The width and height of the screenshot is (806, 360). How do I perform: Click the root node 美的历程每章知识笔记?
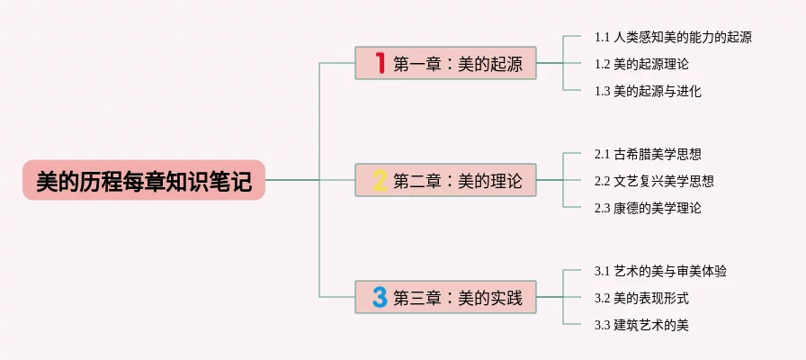click(144, 180)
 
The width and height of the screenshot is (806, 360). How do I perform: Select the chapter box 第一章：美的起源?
click(445, 63)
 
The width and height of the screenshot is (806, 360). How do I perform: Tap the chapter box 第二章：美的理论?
click(445, 180)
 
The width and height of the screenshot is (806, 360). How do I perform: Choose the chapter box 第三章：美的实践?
click(445, 296)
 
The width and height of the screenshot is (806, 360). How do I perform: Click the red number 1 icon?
click(380, 63)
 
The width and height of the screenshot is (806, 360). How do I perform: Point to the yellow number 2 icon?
click(380, 180)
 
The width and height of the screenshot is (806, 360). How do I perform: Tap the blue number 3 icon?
click(380, 296)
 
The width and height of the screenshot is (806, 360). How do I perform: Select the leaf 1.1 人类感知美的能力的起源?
click(673, 38)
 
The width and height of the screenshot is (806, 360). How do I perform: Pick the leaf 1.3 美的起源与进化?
click(648, 91)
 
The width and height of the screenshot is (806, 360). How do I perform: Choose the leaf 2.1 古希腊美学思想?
click(648, 154)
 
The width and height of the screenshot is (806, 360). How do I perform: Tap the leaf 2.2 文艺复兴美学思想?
click(654, 181)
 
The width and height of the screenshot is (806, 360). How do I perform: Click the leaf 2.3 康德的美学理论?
click(648, 208)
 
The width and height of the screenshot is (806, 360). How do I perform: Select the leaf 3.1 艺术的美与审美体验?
click(660, 271)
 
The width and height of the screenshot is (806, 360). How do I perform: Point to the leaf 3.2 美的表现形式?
click(641, 298)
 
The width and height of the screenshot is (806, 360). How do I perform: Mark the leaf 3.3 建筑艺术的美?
click(641, 324)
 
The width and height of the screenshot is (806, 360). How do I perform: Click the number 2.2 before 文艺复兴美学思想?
click(603, 181)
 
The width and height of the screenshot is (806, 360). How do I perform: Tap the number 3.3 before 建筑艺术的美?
click(603, 324)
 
